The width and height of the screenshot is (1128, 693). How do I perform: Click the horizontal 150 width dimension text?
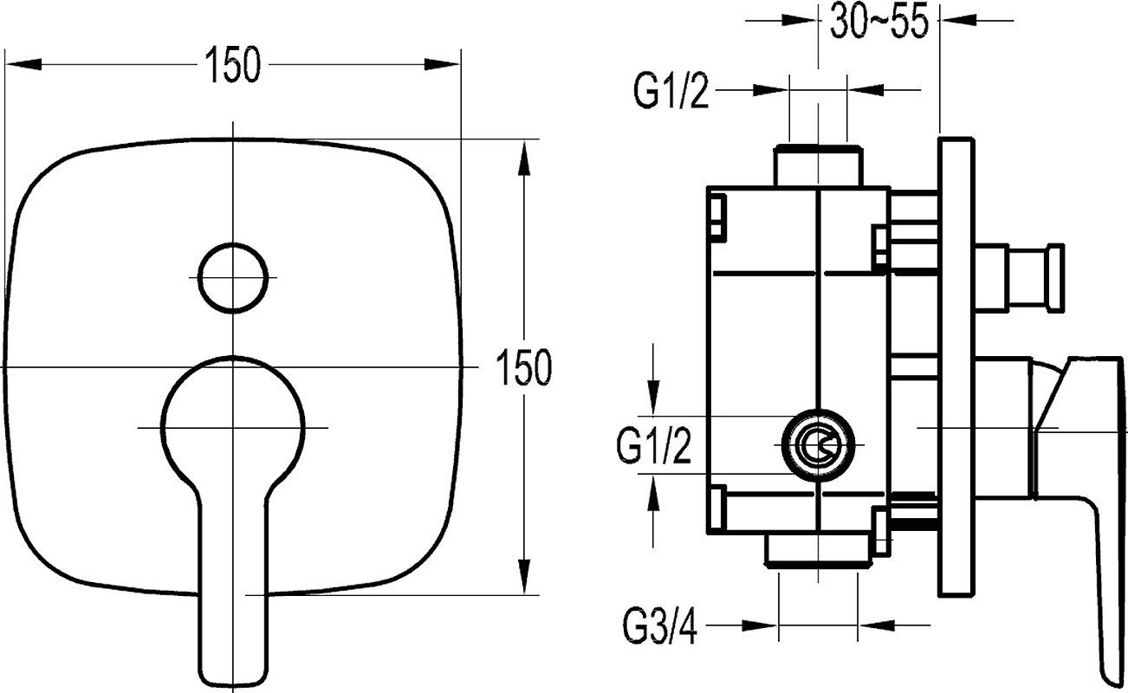(x=233, y=66)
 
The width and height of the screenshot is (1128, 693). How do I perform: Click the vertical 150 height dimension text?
(x=524, y=368)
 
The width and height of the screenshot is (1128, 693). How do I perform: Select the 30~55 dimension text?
(x=878, y=23)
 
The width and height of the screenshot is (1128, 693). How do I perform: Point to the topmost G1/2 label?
(x=671, y=91)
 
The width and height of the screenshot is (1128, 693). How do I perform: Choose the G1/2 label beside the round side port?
(x=654, y=448)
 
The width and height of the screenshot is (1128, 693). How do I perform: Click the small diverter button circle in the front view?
(x=232, y=277)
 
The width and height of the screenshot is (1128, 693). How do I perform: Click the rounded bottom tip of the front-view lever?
(x=233, y=671)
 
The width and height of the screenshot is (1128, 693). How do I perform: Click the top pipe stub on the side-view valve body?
(x=818, y=166)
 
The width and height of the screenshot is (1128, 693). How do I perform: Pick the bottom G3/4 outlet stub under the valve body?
(x=818, y=551)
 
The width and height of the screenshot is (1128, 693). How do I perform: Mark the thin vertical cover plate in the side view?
(x=956, y=364)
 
